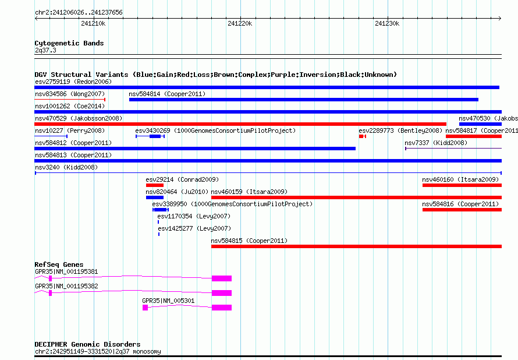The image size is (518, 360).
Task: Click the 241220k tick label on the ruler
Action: click(x=240, y=23)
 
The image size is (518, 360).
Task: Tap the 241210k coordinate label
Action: click(x=93, y=23)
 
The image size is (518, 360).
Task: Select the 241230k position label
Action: click(x=387, y=23)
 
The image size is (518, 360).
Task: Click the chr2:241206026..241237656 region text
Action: click(x=79, y=12)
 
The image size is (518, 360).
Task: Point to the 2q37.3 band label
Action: click(x=45, y=50)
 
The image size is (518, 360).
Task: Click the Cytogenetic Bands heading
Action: click(x=69, y=43)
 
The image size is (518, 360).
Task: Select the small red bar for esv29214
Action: click(x=155, y=185)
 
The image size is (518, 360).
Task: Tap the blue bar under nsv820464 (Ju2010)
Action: click(x=155, y=197)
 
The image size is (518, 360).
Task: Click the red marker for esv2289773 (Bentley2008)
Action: click(x=363, y=136)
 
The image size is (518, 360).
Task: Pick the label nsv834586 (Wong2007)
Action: click(x=70, y=94)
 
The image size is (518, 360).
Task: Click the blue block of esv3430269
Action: click(x=155, y=136)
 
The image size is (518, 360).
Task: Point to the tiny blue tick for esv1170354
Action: click(x=158, y=222)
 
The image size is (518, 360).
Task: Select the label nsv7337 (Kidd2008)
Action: click(x=436, y=143)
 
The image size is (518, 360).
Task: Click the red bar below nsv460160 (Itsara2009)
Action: click(x=462, y=185)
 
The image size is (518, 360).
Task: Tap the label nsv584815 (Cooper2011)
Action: click(x=249, y=241)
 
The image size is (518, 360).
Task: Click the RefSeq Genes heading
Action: click(x=59, y=264)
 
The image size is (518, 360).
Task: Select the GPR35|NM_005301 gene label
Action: click(x=168, y=301)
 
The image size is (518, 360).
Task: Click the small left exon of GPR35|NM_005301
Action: click(x=145, y=308)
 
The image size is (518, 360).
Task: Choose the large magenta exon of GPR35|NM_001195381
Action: click(x=222, y=278)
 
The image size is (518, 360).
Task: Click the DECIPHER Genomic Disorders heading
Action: click(x=87, y=344)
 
